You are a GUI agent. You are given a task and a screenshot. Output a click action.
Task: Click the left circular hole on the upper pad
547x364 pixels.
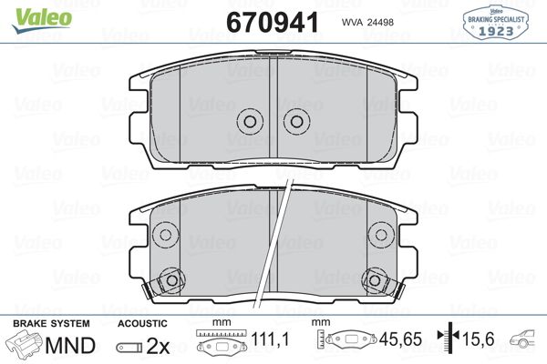pos(249,122)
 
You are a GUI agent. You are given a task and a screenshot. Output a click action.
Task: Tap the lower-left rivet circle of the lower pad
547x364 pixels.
pos(167,281)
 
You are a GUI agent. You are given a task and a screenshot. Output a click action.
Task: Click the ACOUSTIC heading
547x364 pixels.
pos(142,324)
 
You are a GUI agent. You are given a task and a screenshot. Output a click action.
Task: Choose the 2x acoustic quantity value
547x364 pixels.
pos(159,347)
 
